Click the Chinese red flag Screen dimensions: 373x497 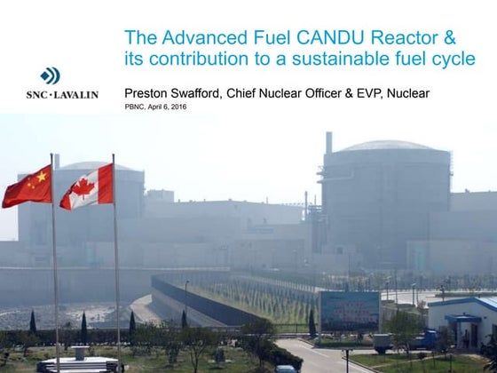(x=28, y=186)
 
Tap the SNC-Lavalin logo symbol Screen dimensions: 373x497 (x=50, y=76)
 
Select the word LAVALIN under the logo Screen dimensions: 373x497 (x=75, y=94)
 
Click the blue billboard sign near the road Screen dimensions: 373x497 (x=349, y=310)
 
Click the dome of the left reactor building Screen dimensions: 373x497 (x=98, y=165)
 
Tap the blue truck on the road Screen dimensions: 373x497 (x=424, y=339)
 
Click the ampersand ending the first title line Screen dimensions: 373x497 (x=449, y=38)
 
